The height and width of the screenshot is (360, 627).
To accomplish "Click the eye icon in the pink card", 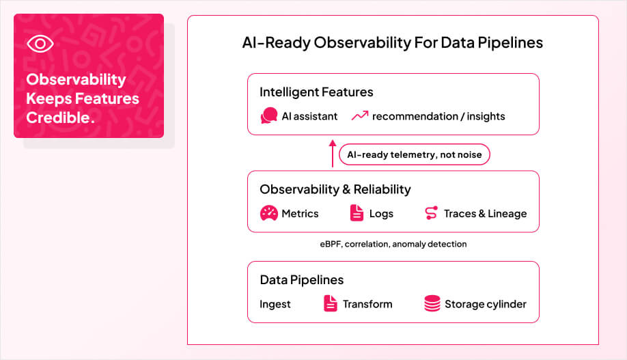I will [40, 44].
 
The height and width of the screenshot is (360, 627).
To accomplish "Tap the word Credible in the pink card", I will [59, 117].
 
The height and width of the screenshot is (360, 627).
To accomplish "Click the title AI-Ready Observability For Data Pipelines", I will [392, 42].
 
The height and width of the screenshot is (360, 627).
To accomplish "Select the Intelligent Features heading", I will [316, 92].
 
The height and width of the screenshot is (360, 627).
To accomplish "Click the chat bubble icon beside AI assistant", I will [268, 116].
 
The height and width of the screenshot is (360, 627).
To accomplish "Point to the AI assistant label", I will [309, 116].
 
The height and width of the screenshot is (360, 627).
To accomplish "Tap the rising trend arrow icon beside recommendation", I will [359, 116].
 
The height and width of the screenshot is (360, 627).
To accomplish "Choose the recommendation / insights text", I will [438, 116].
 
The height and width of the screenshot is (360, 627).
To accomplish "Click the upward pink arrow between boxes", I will [333, 154].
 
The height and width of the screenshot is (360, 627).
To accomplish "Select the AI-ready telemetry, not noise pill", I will [414, 154].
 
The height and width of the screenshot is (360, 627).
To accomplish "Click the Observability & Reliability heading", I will [335, 189].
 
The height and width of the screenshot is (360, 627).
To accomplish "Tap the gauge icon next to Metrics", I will [269, 213].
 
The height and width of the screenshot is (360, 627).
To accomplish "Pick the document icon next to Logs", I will [357, 213].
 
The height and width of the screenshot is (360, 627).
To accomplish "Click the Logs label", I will [381, 213].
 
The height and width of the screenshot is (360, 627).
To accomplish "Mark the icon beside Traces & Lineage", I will [431, 213].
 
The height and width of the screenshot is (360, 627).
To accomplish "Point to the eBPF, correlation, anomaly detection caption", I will [393, 244].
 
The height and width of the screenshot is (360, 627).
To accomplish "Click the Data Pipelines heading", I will [301, 280].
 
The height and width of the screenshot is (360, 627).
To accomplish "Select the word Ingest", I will [275, 304].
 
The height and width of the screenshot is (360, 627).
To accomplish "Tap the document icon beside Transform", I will [330, 304].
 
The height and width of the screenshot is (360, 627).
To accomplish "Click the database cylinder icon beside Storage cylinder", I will [432, 304].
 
